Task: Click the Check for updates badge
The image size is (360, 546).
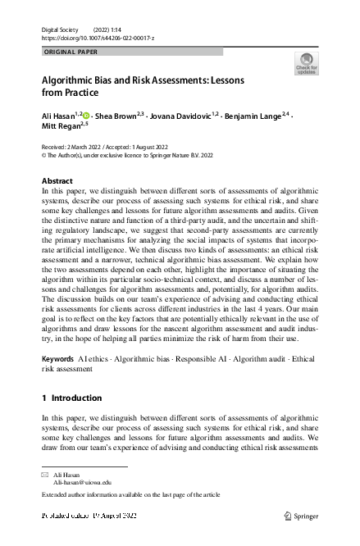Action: coord(307,64)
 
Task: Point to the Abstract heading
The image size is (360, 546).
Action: coord(57,180)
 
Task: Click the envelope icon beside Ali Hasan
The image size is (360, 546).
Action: coord(45,475)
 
